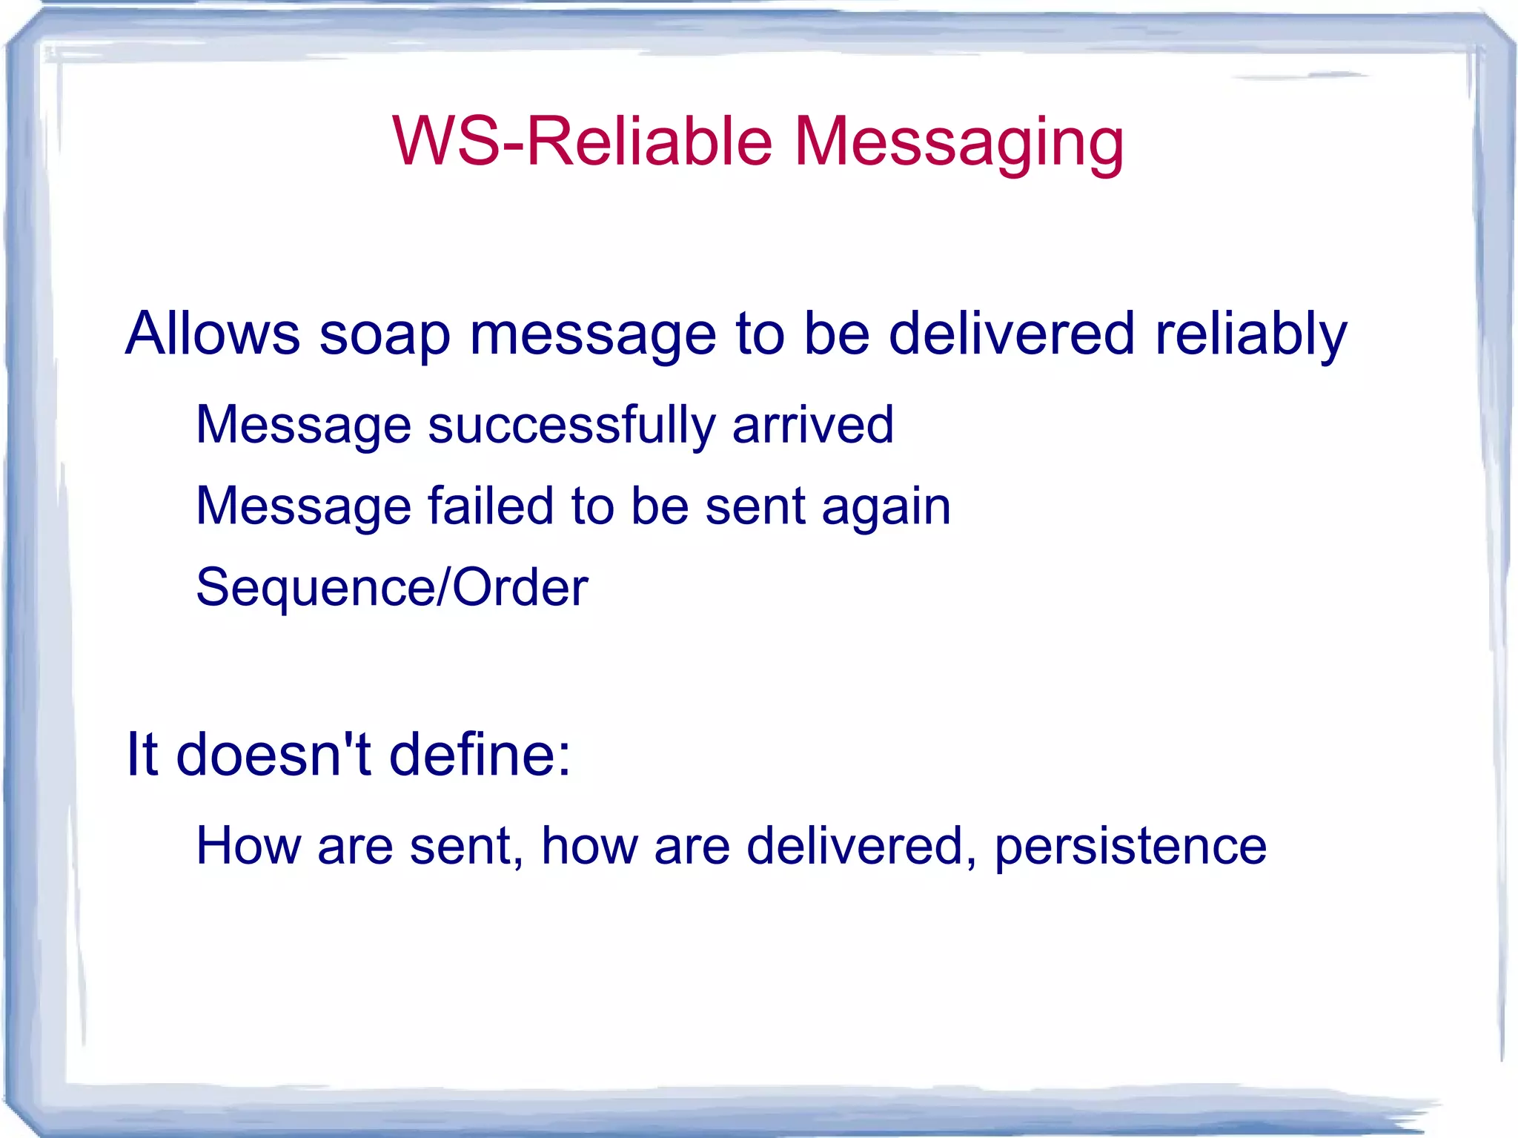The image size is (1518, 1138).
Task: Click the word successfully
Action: click(x=571, y=426)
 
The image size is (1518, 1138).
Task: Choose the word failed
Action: click(x=490, y=506)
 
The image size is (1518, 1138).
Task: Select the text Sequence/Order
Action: click(x=391, y=588)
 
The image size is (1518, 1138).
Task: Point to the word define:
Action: click(x=480, y=754)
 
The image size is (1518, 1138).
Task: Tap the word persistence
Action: click(x=1130, y=846)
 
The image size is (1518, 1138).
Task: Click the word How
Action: click(x=248, y=846)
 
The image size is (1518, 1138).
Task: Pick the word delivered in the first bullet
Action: click(x=1012, y=334)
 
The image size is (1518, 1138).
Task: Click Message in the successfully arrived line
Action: click(x=303, y=426)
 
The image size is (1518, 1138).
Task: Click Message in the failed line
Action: click(x=303, y=506)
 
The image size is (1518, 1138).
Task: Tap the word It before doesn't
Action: click(x=142, y=754)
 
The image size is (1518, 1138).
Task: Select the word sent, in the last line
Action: click(x=466, y=847)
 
